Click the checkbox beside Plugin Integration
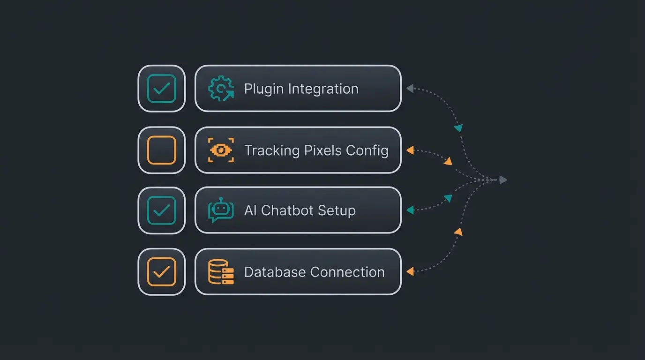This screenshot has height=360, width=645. [161, 89]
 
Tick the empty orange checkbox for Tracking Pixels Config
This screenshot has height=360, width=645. [161, 150]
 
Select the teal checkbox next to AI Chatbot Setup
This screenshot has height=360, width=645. [161, 210]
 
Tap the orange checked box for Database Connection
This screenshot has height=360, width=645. [161, 272]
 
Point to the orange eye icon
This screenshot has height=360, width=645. [221, 150]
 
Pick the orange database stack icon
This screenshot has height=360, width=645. [221, 272]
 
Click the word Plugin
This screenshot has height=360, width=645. [264, 89]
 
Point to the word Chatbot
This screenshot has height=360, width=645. [287, 210]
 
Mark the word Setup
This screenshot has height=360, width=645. [337, 210]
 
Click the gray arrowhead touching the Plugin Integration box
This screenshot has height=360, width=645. [410, 88]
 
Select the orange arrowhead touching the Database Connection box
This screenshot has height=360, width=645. [410, 271]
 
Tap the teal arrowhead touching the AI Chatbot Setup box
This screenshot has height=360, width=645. [410, 210]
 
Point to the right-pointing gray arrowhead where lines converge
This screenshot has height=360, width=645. [503, 180]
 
